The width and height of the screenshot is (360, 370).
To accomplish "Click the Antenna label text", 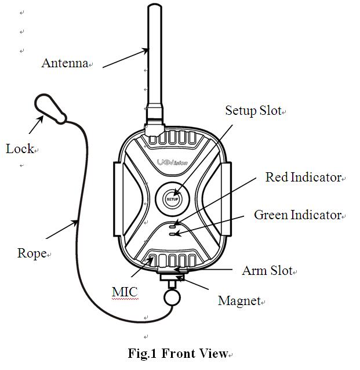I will [x=64, y=63].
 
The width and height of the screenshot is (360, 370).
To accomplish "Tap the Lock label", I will [x=20, y=149].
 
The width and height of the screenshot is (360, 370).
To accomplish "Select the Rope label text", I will [x=31, y=253].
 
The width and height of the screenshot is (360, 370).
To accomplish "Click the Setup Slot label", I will [x=253, y=111].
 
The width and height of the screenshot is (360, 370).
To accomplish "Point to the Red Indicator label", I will [x=303, y=177].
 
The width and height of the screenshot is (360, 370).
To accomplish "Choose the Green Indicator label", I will [x=297, y=215].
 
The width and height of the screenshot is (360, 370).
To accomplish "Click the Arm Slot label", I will [x=267, y=271].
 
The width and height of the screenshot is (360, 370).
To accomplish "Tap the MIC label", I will [x=125, y=291].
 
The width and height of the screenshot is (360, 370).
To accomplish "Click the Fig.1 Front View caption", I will [x=178, y=353].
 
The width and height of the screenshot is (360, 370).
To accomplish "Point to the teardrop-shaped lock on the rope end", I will [x=48, y=108].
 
